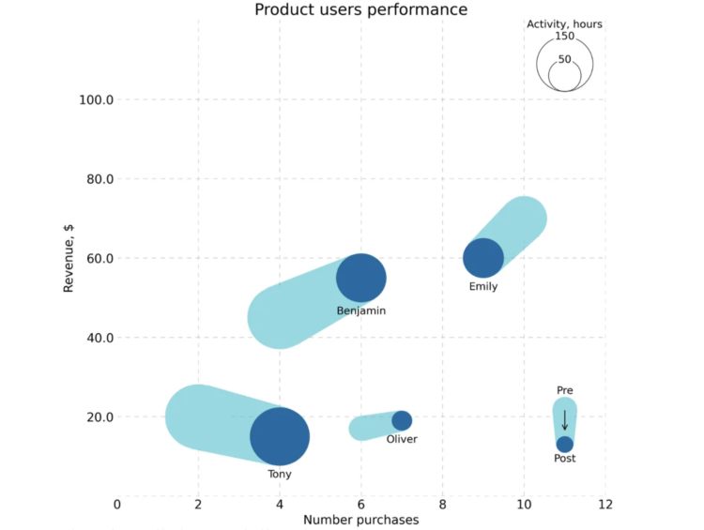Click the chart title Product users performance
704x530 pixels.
(361, 10)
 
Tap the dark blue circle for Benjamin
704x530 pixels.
(361, 279)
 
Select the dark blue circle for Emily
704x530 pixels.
(483, 258)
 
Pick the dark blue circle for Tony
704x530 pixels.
(280, 437)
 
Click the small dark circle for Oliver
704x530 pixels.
(402, 420)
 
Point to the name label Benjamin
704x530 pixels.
(361, 310)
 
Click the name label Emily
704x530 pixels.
(483, 287)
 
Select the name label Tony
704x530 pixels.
(280, 475)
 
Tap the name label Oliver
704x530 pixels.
(402, 439)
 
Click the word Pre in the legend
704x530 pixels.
(564, 390)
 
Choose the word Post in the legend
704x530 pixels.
(565, 459)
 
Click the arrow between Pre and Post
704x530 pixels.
(565, 419)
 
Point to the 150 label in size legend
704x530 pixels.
(564, 37)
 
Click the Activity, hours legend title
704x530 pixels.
(564, 24)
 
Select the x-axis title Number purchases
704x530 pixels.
(361, 520)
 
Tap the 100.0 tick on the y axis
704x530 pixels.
(93, 99)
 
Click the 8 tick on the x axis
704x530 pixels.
(442, 505)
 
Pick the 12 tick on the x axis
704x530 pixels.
(605, 505)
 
